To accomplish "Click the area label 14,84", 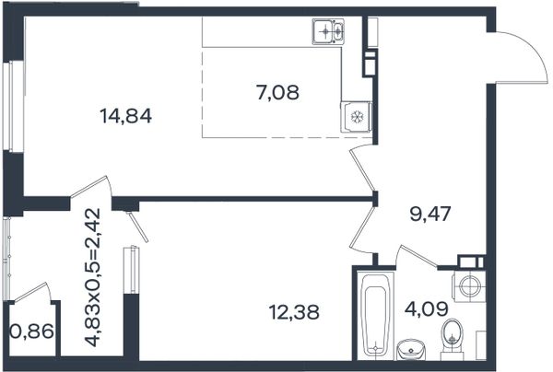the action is [x=126, y=116].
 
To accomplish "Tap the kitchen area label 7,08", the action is [x=278, y=93].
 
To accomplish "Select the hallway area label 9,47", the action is [x=430, y=214].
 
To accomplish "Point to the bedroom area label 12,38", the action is [x=294, y=312].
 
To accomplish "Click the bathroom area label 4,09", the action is [x=427, y=309].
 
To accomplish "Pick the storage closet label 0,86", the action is [x=32, y=331].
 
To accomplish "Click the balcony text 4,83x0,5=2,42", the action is [x=93, y=277].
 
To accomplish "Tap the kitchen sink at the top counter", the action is [x=327, y=31].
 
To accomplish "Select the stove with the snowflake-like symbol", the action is [x=356, y=117].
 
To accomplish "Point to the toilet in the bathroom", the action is [x=452, y=336].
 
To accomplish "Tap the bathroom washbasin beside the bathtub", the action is [x=411, y=349].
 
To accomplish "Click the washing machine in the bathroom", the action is [x=468, y=285].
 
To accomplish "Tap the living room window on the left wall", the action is [x=14, y=107].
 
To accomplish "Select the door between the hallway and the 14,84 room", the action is [x=361, y=169].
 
